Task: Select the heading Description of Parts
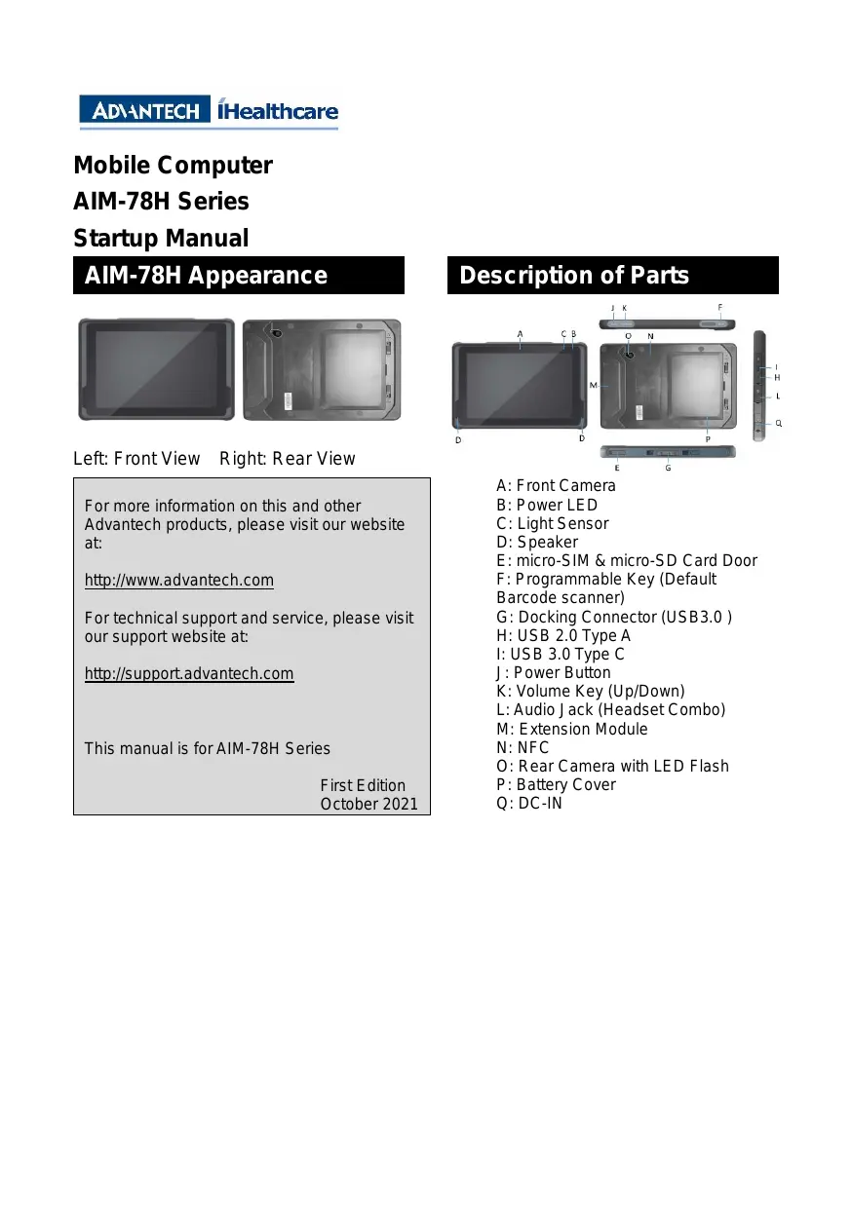tap(574, 276)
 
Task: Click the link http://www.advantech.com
tap(179, 581)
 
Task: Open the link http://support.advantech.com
tap(189, 674)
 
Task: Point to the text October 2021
tap(368, 804)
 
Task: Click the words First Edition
tap(363, 785)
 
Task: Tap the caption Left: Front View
tap(136, 459)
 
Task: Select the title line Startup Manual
tap(161, 238)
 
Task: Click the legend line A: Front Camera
tap(556, 486)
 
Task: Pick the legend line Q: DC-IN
tap(529, 804)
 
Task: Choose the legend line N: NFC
tap(523, 747)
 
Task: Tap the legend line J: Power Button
tap(554, 672)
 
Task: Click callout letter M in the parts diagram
tap(594, 386)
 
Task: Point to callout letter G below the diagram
tap(668, 469)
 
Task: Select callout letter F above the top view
tap(720, 307)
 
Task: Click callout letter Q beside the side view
tap(778, 424)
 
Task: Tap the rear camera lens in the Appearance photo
tap(276, 333)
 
